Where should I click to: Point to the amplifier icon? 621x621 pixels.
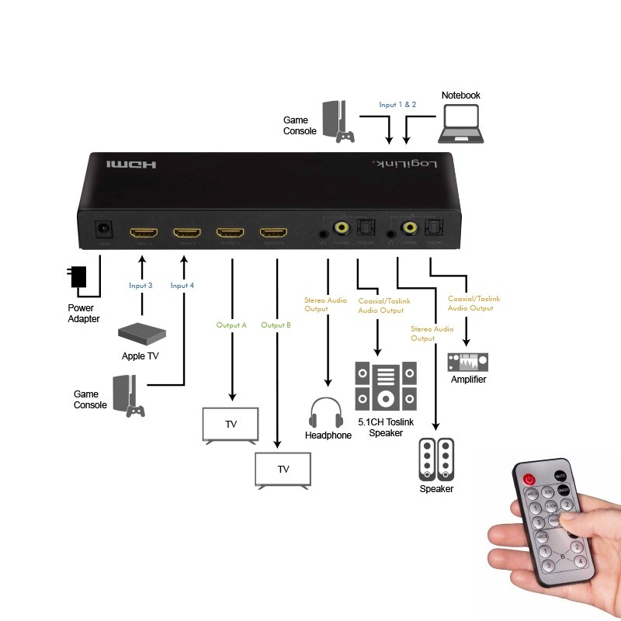[x=467, y=362]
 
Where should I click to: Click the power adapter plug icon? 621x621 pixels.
[x=78, y=277]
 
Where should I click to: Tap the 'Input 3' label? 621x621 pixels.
[x=141, y=286]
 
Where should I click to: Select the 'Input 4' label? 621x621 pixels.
[x=182, y=286]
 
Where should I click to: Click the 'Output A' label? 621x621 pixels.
[x=232, y=325]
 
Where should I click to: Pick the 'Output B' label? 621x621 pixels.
[x=276, y=325]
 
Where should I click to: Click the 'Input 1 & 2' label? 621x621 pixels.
[x=397, y=104]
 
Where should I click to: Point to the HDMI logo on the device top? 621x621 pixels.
[x=132, y=165]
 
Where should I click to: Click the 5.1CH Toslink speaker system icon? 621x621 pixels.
[x=385, y=386]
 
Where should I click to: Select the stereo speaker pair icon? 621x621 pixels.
[x=435, y=460]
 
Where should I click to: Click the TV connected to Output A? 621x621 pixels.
[x=231, y=425]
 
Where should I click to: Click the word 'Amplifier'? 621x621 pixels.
[x=469, y=380]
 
